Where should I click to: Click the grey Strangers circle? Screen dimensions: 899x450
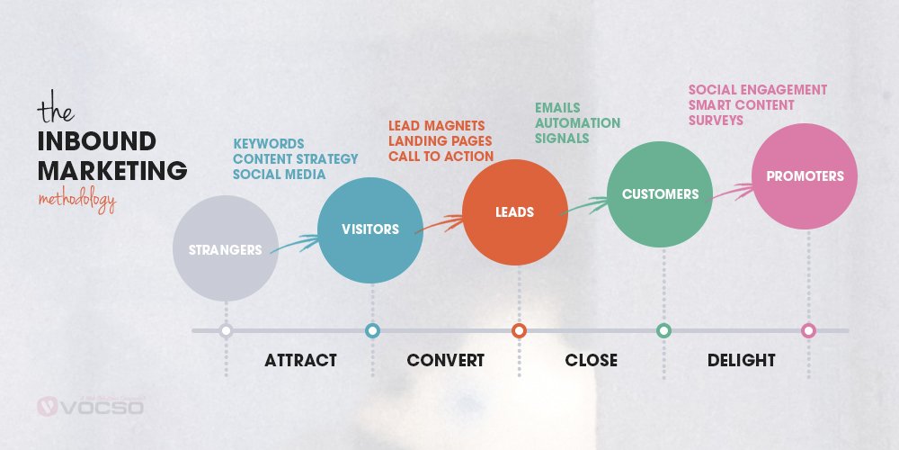coord(225,248)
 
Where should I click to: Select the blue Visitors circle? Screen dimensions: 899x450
coord(370,229)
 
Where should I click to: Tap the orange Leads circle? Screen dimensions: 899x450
coord(515,212)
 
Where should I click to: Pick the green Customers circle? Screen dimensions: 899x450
coord(661,193)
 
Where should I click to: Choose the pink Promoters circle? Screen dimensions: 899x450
coord(806,176)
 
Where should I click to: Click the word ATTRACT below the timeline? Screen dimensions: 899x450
coord(300,361)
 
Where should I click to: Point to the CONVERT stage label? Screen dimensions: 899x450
coord(445,361)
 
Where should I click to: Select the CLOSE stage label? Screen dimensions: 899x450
coord(591,361)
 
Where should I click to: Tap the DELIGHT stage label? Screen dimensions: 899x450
coord(741,361)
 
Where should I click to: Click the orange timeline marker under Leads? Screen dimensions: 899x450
coord(519,330)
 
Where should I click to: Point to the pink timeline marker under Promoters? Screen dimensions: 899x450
coord(808,330)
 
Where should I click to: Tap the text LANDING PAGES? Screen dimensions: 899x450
coord(440,140)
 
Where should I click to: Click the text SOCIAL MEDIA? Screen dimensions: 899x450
coord(279,174)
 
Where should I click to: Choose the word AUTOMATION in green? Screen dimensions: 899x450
coord(577,122)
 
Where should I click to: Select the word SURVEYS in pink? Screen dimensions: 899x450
coord(716,120)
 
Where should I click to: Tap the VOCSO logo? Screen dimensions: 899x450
coord(89,407)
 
